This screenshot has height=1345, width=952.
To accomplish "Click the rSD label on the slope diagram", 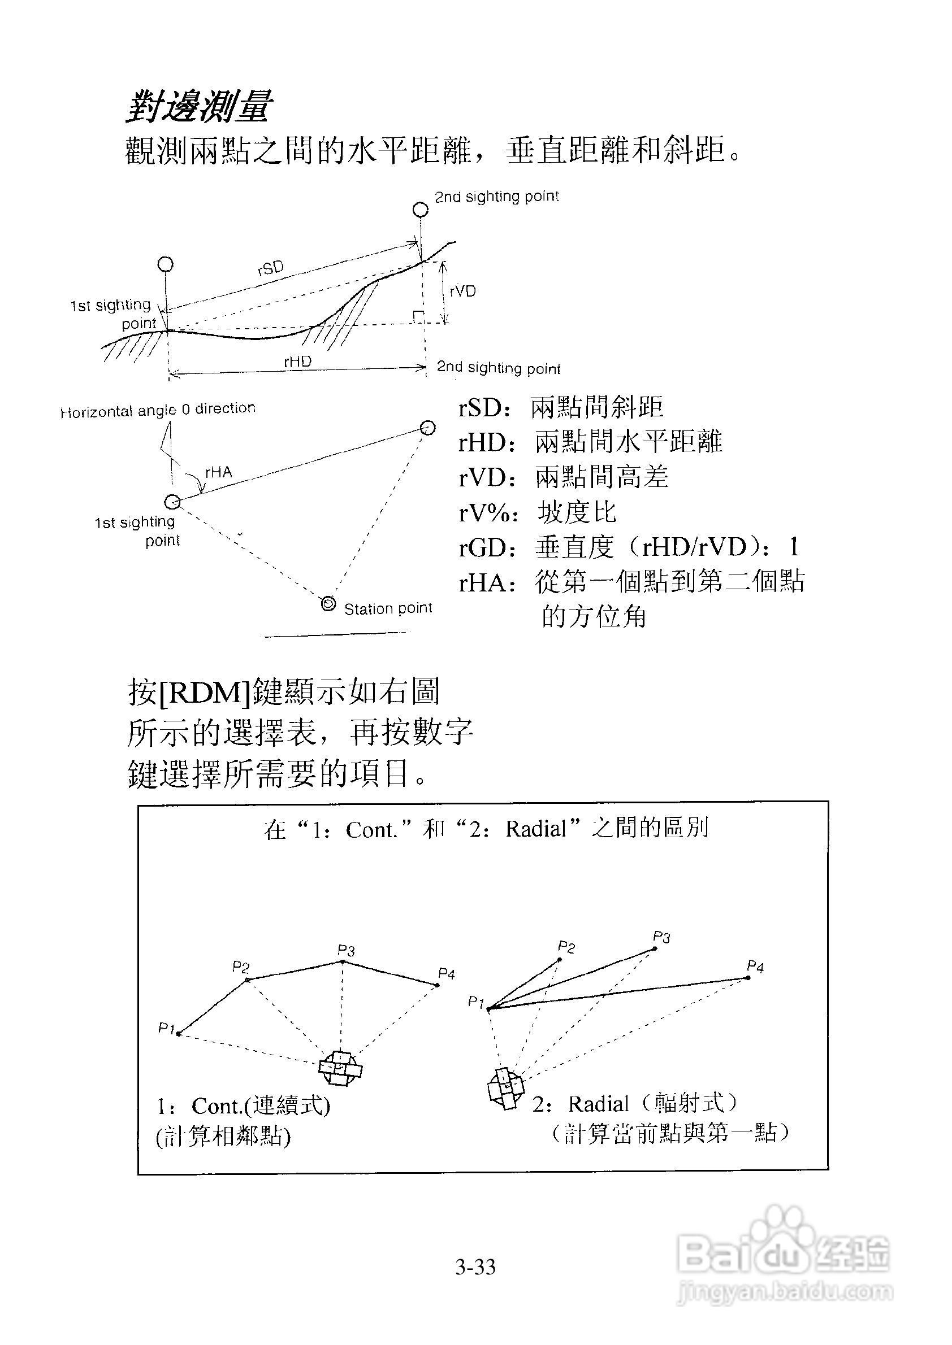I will (270, 268).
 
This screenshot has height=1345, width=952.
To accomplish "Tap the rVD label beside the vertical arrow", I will (462, 291).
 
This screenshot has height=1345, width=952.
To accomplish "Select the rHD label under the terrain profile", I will (297, 362).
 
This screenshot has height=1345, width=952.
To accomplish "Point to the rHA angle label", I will (219, 472).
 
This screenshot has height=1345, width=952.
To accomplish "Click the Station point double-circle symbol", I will (328, 603).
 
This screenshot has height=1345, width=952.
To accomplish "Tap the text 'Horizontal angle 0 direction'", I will (158, 410).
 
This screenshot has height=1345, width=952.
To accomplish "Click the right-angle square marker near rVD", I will (418, 317).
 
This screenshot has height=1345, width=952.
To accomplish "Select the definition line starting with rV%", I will (538, 512).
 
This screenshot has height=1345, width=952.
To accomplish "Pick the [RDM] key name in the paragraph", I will (205, 693).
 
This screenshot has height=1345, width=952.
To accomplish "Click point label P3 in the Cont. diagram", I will (346, 950).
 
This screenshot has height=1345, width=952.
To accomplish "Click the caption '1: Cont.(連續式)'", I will (243, 1106).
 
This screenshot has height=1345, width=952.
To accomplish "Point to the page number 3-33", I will (475, 1267).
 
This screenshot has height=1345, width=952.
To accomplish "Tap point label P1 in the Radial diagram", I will (475, 1002).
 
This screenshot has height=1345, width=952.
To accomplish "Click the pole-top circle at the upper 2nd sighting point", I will (420, 209).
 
